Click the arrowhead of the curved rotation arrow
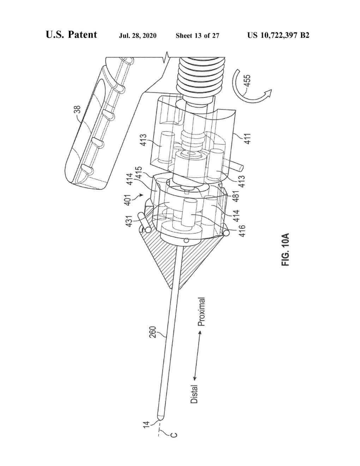[268, 93]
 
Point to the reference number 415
[139, 173]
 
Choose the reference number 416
[242, 231]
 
